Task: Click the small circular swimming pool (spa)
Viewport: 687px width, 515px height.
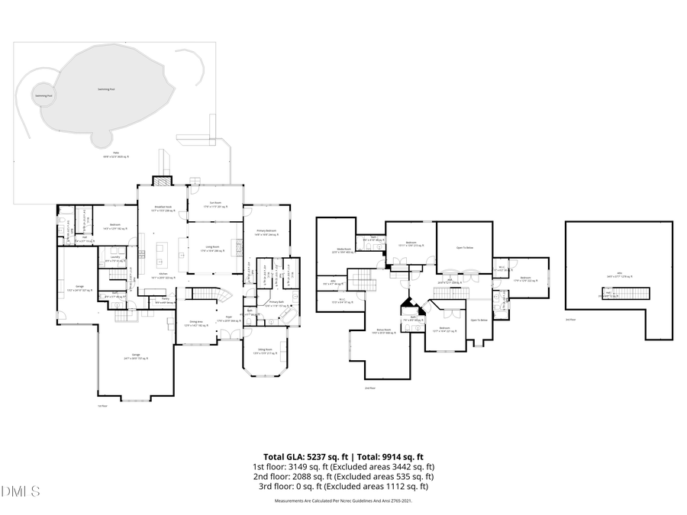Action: pyautogui.click(x=44, y=95)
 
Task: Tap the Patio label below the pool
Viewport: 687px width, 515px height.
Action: pyautogui.click(x=116, y=154)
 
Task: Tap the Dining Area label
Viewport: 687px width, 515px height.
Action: pyautogui.click(x=195, y=323)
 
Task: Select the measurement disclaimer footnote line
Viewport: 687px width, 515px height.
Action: pyautogui.click(x=343, y=502)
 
